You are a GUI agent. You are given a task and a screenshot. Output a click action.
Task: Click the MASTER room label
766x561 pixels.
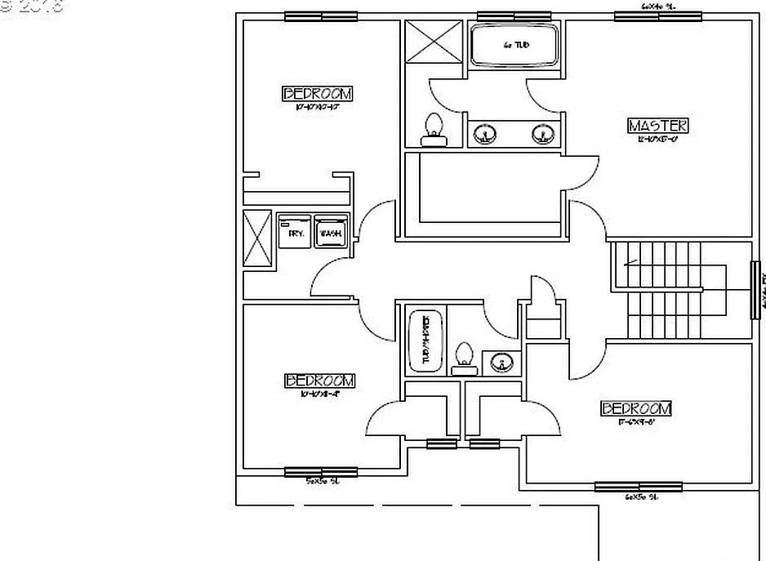tap(657, 126)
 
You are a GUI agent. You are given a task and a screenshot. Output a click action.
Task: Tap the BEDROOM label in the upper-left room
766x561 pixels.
tap(318, 93)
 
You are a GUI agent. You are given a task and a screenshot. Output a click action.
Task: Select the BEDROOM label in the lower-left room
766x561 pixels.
tap(319, 381)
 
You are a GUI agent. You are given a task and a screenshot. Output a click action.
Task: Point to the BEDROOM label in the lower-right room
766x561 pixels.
tap(636, 408)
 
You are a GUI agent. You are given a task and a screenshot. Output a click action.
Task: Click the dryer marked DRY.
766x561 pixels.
tap(295, 233)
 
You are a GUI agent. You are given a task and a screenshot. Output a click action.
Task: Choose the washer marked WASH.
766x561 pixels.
tap(331, 233)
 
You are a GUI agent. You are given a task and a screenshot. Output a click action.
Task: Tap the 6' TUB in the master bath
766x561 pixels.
tap(515, 46)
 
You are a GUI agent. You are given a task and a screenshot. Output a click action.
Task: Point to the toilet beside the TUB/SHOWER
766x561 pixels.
tap(465, 358)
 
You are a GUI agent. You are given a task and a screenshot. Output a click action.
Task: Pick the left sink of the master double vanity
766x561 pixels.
tap(488, 133)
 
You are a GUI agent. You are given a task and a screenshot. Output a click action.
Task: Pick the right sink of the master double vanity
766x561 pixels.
tap(541, 133)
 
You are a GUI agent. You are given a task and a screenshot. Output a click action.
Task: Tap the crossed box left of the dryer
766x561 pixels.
tap(257, 238)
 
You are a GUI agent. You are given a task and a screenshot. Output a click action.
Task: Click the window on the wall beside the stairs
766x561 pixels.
tap(755, 290)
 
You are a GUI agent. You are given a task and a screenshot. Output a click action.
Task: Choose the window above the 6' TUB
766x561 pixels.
tap(514, 16)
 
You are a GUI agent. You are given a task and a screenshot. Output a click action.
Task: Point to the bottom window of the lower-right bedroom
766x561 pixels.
tap(626, 488)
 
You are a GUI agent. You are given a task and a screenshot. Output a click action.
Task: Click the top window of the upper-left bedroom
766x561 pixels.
tap(321, 16)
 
